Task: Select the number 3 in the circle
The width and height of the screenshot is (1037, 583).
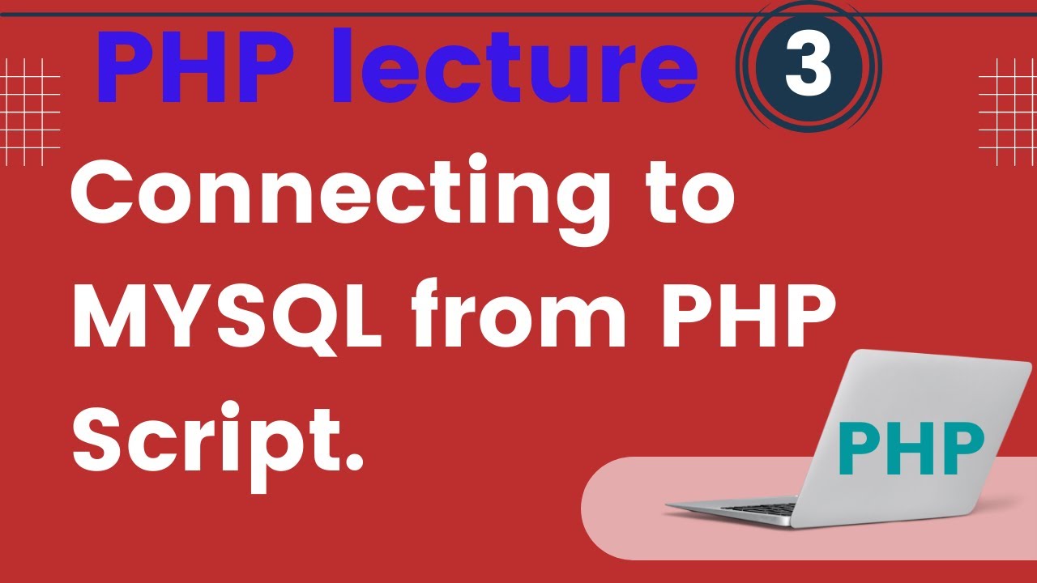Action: (808, 68)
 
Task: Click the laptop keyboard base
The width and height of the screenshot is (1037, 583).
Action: (729, 508)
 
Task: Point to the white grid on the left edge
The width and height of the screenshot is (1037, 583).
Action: (30, 111)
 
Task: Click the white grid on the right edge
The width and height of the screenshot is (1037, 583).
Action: (1008, 111)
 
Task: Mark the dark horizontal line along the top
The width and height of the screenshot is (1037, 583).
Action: (518, 15)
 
